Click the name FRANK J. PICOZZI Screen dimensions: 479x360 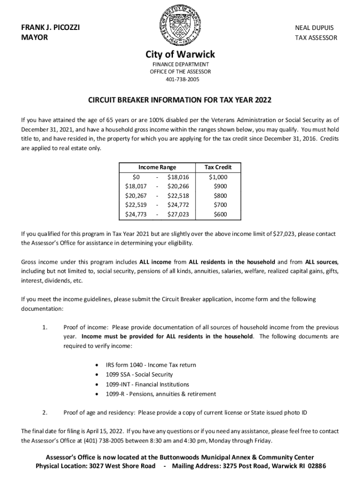(50, 28)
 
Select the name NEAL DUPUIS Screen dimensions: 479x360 (314, 28)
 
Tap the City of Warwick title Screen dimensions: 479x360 (180, 55)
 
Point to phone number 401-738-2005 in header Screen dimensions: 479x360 (180, 79)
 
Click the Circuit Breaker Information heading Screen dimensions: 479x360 (180, 101)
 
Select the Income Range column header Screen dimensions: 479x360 (157, 167)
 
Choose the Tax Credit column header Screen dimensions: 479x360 (218, 167)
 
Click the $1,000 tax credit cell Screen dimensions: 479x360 (218, 177)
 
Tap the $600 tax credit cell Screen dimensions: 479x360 (220, 214)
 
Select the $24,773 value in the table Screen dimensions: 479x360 (136, 214)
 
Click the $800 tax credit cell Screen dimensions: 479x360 (220, 196)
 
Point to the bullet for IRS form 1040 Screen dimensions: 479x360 (96, 365)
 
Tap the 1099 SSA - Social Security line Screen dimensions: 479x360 (139, 374)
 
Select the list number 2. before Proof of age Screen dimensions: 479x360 (44, 413)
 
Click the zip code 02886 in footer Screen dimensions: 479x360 (314, 466)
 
